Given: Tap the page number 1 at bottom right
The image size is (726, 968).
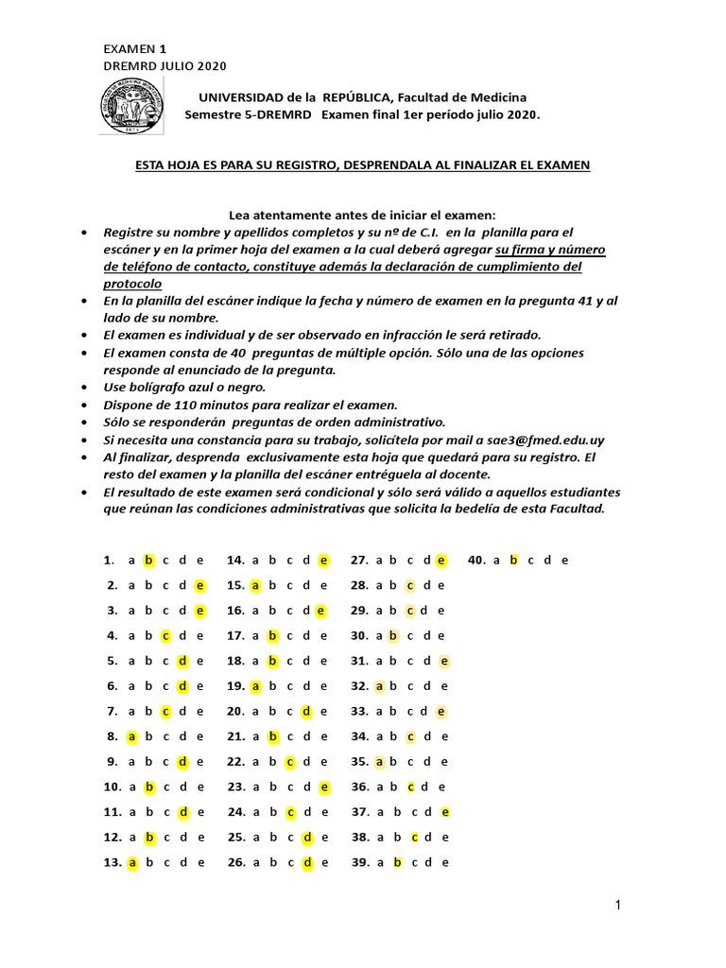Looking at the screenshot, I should click(x=616, y=907).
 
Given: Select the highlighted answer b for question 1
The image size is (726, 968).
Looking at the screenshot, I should click(x=148, y=560).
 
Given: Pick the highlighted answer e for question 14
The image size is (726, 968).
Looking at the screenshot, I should click(x=323, y=560).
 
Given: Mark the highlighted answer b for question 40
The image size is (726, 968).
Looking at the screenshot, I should click(x=514, y=560).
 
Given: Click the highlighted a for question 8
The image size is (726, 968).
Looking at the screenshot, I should click(x=132, y=736).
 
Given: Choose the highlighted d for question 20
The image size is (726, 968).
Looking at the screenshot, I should click(x=306, y=711).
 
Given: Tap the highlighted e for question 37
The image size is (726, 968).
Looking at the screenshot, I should click(x=445, y=812).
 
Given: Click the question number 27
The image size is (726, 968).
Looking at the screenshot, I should click(x=359, y=560).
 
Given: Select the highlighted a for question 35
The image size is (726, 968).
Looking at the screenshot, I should click(x=380, y=761).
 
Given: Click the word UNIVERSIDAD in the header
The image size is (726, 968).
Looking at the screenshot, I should click(x=240, y=97).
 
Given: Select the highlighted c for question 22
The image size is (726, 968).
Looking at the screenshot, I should click(x=291, y=761).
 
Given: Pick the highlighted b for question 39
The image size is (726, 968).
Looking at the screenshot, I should click(x=398, y=862).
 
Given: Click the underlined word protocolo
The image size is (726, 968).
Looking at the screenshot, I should click(x=131, y=284).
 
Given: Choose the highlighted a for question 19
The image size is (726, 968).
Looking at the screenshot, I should click(x=255, y=686).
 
